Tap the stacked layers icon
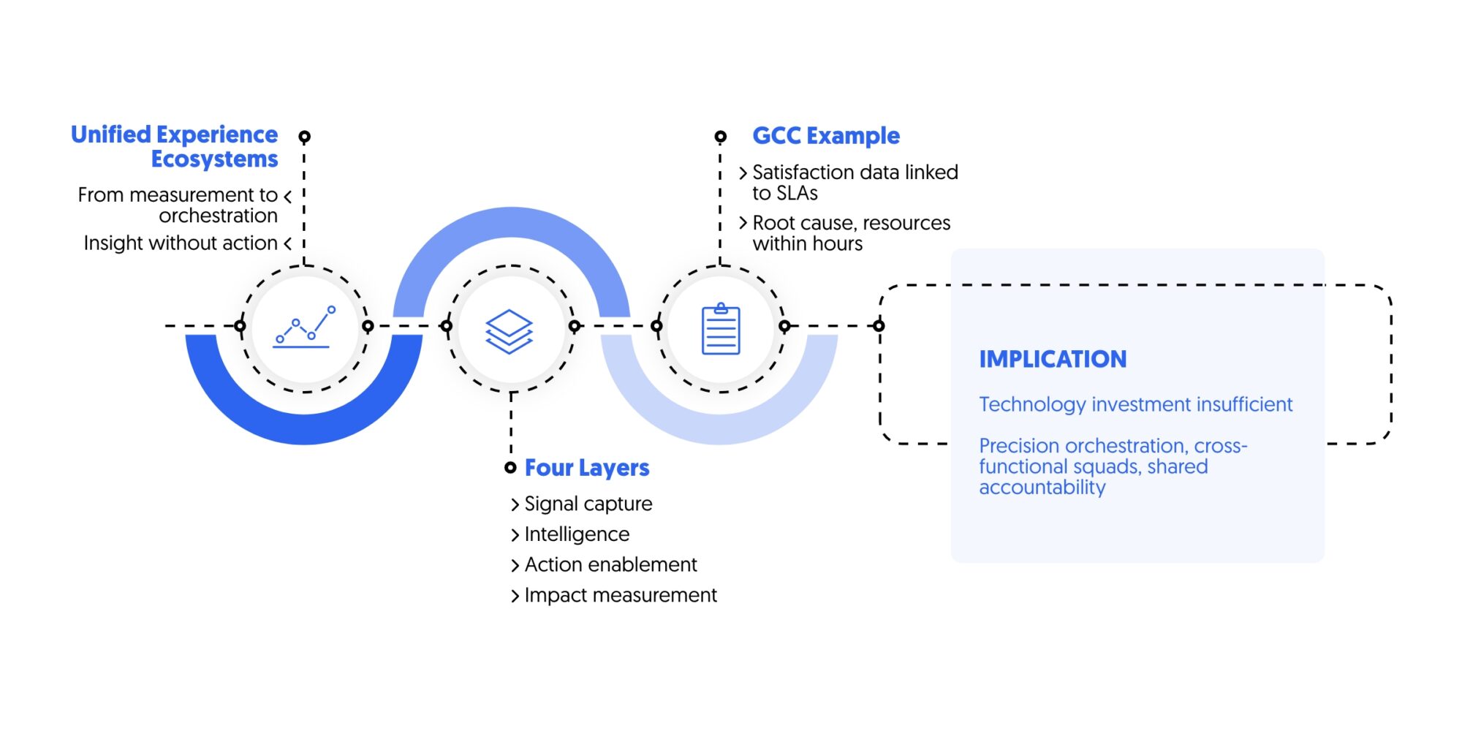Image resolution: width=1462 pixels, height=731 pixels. pos(510,331)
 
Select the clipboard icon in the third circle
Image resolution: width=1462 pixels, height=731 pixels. pos(721,330)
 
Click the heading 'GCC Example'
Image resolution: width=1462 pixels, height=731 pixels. pos(826,136)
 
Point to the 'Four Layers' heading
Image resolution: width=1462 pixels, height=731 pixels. pos(587,468)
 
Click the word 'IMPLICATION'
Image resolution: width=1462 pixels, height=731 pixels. pos(1053,359)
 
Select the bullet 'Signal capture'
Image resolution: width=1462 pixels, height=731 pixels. pos(588,504)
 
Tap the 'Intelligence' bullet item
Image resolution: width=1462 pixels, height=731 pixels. pos(577,534)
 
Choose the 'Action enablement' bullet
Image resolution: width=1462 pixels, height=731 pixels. pos(610,564)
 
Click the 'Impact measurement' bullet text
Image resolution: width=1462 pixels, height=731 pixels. pos(621,595)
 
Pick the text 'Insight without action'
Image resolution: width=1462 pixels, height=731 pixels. pos(181,243)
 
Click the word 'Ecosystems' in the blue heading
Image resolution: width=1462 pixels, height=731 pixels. pos(214,159)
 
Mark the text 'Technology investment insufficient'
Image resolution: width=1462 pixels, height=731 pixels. pos(1135,404)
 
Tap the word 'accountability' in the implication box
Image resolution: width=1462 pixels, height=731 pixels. pos(1042,488)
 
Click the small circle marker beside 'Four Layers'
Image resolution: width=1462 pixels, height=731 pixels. pos(510,468)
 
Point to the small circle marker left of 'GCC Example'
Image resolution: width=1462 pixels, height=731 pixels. pos(720,137)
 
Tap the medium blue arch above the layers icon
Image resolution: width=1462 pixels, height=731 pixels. pos(512,223)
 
